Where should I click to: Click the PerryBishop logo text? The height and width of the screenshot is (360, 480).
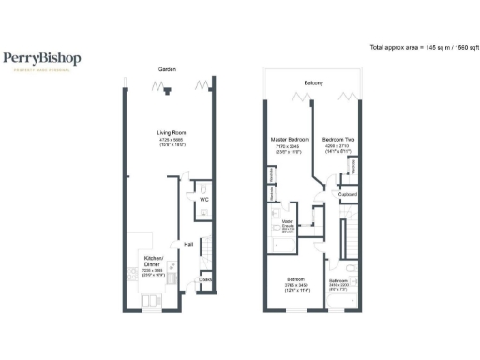coord(41,58)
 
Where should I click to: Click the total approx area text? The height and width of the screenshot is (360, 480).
coord(421,47)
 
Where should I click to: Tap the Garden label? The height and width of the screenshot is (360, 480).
coord(167,70)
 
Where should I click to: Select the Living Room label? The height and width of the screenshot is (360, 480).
coord(170,133)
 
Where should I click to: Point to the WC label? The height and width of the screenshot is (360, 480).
coord(203,199)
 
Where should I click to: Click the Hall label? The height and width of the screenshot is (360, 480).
coord(188,244)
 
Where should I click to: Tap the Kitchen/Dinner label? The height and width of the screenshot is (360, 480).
coord(153,260)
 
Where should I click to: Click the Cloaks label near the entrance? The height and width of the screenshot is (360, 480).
coord(205,279)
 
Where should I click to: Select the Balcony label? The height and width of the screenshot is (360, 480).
coord(313,84)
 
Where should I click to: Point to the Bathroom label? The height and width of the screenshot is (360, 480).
coord(338,280)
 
